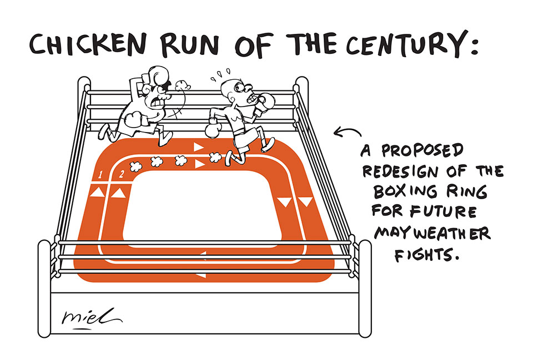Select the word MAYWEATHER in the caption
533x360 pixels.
(432, 233)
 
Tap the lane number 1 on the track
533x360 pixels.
(100, 176)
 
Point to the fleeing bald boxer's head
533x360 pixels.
(230, 88)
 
